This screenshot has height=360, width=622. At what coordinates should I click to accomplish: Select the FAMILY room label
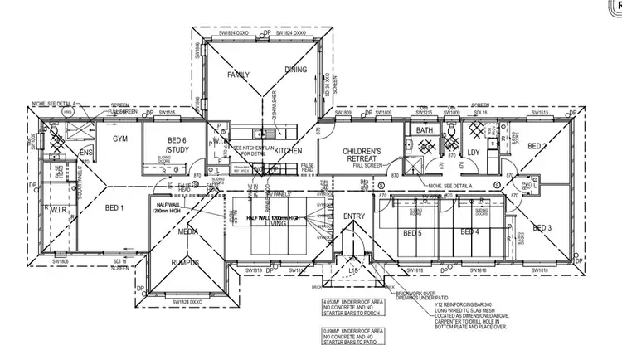tap(239, 75)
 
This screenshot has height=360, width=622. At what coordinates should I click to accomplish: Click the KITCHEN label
tap(287, 151)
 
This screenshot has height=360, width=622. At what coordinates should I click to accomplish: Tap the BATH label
tap(425, 130)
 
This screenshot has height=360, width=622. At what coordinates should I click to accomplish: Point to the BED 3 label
tap(542, 227)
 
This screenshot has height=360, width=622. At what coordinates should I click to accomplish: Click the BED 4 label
tap(470, 233)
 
